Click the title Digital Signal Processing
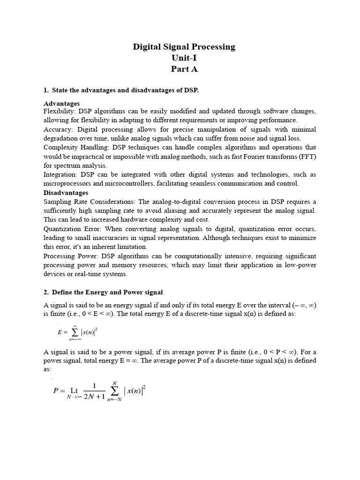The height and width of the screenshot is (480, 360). pos(184,47)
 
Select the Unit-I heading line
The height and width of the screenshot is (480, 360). pos(184,58)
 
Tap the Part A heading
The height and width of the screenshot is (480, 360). pos(184,69)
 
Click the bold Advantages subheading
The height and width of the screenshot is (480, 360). pos(61,104)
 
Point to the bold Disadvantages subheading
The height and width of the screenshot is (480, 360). pos(66,193)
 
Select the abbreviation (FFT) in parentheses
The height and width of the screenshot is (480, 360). pos(307,157)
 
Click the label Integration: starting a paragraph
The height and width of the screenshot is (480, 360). pos(60,174)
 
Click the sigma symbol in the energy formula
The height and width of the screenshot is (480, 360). pos(75,332)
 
